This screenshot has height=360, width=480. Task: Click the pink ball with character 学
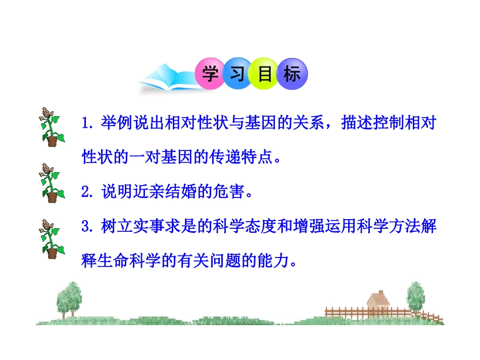pos(209,75)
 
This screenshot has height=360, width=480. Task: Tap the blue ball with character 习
pos(237,75)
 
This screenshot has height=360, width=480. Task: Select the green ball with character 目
pos(265,75)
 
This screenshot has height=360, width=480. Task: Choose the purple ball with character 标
pos(293,75)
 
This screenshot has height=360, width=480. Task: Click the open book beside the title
pos(164,81)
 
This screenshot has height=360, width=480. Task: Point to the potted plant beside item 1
pos(51,127)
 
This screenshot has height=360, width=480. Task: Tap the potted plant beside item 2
pos(51,182)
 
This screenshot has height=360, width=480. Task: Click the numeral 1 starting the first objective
pos(85,124)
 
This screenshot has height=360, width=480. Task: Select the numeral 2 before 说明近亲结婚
pos(85,192)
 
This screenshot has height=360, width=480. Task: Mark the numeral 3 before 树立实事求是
pos(85,227)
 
